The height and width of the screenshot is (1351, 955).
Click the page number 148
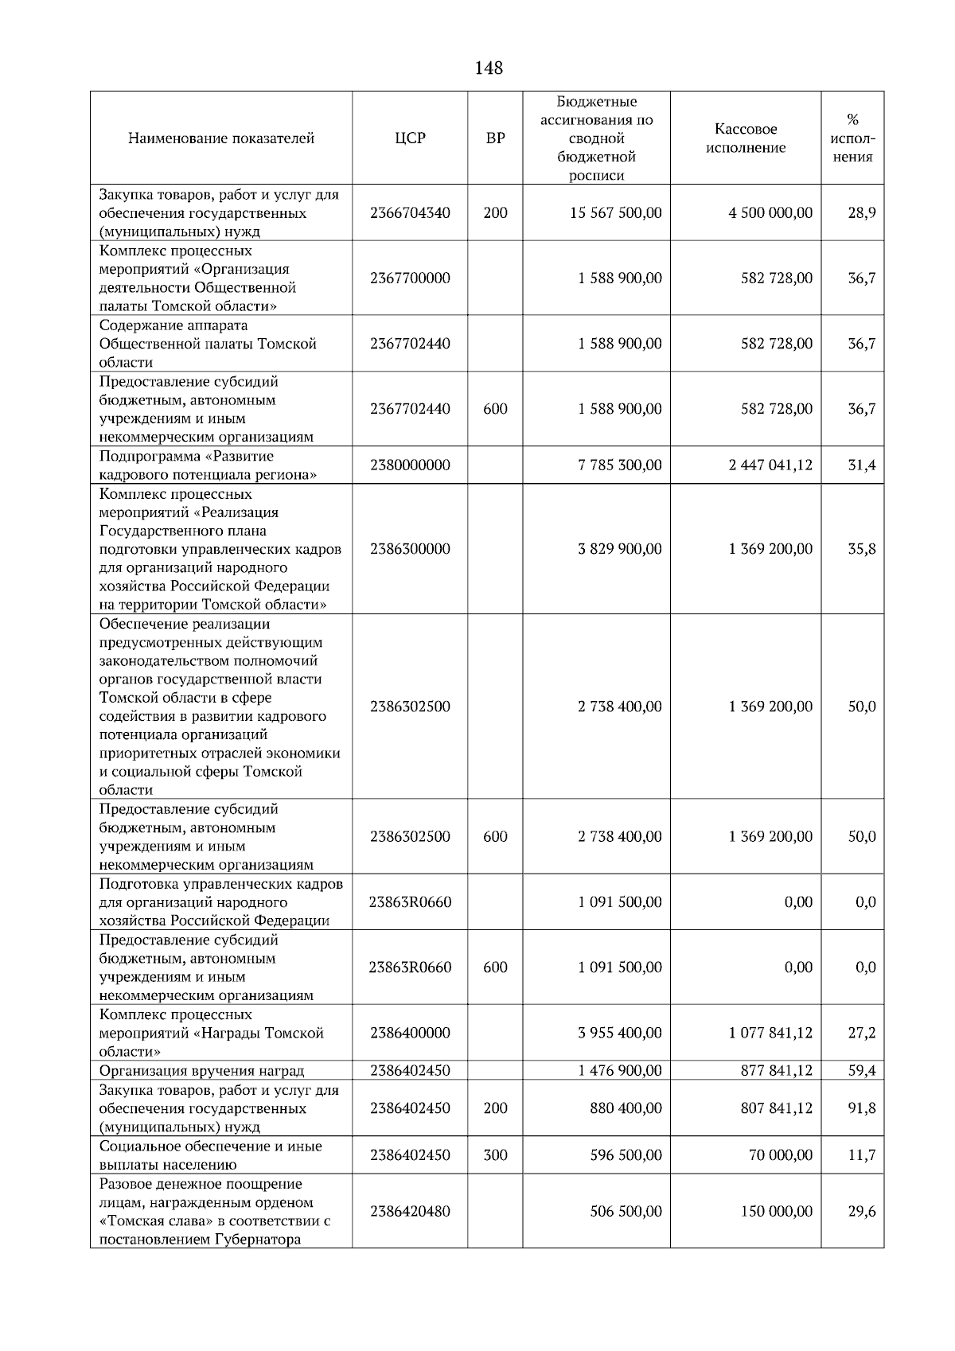click(x=488, y=68)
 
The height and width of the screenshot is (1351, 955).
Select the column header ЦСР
click(x=410, y=138)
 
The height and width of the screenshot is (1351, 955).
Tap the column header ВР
click(x=495, y=138)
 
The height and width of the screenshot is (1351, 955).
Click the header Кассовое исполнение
click(x=746, y=138)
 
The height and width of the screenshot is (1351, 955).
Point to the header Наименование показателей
click(x=221, y=138)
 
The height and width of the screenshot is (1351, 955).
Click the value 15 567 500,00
click(x=615, y=213)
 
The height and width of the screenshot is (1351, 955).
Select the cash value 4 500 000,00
click(x=770, y=213)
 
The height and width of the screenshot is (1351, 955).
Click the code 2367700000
click(x=410, y=278)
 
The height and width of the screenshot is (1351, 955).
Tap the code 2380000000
click(x=410, y=465)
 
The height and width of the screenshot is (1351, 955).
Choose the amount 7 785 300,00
click(x=619, y=465)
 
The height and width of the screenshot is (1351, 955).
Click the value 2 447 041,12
click(x=770, y=465)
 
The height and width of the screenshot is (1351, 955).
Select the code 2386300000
click(x=410, y=549)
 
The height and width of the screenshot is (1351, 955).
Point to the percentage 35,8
click(x=861, y=549)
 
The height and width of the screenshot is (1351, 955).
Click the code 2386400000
click(x=410, y=1033)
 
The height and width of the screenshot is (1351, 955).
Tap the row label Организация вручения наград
click(x=201, y=1071)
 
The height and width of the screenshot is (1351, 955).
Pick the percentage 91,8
click(x=861, y=1108)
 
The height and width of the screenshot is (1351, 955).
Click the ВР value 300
click(x=495, y=1155)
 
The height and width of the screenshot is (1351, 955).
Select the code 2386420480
click(x=410, y=1211)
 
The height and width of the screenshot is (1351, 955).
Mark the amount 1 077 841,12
click(x=770, y=1033)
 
